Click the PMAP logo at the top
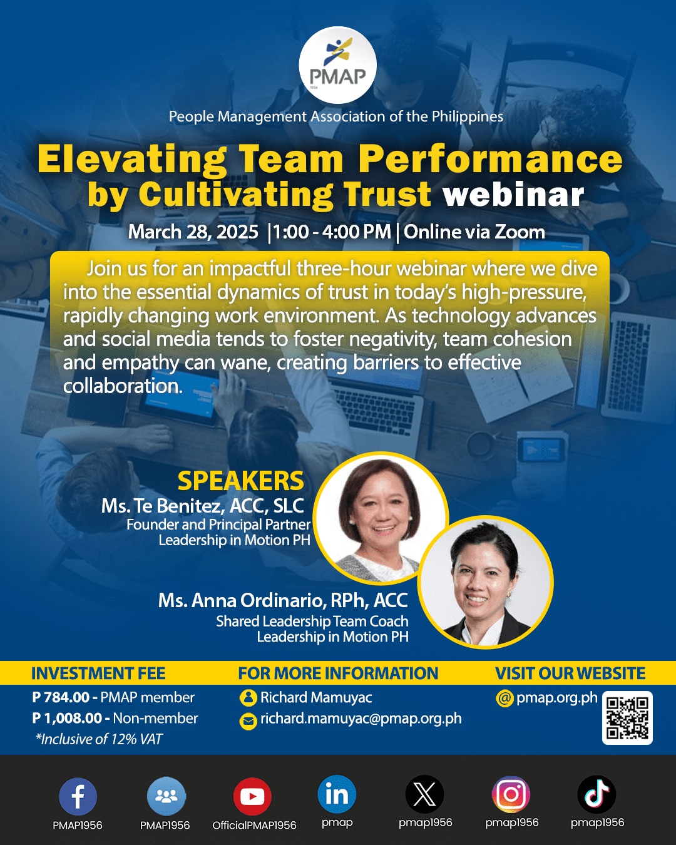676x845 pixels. [337, 65]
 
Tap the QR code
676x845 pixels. [627, 718]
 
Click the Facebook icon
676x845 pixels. [78, 796]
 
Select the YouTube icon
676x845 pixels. [252, 796]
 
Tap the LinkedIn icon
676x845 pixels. [337, 794]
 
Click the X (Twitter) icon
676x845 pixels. [425, 794]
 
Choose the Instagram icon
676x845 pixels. [511, 794]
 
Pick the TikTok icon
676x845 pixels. [597, 794]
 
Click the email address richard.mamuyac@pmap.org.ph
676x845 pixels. [361, 719]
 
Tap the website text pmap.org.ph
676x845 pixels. [556, 697]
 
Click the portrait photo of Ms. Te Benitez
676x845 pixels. [381, 517]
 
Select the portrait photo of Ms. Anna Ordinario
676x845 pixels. [485, 582]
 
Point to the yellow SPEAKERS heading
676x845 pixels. [241, 481]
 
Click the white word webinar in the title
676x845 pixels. [513, 195]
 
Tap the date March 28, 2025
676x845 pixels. [193, 232]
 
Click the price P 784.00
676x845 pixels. [61, 697]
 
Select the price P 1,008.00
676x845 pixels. [67, 719]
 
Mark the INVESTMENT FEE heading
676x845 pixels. [98, 673]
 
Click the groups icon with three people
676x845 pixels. [166, 796]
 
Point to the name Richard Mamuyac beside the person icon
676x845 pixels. [316, 697]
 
